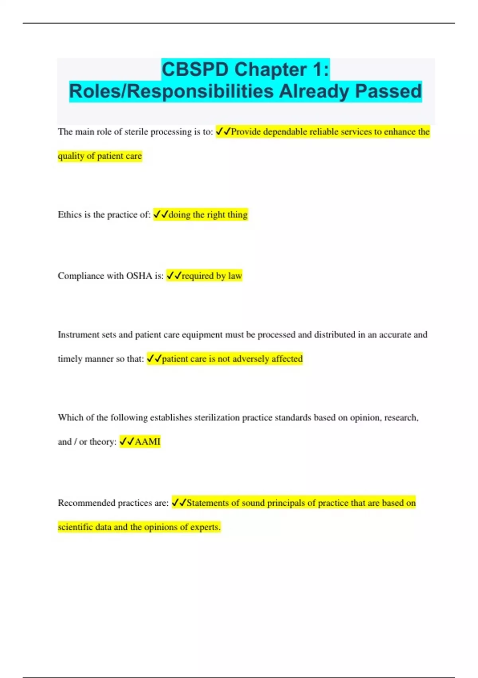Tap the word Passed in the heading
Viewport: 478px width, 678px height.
pos(388,91)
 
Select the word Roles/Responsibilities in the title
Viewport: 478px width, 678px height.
pos(171,91)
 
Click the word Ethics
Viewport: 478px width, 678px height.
pos(70,215)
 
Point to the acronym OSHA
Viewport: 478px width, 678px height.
pos(139,276)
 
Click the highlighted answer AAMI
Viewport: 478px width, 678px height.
pos(148,441)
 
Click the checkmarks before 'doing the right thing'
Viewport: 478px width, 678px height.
pos(161,215)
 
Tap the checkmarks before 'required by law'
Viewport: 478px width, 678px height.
pos(174,276)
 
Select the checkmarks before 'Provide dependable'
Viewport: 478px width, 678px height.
pos(223,132)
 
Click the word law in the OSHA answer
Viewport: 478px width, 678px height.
pos(235,276)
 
